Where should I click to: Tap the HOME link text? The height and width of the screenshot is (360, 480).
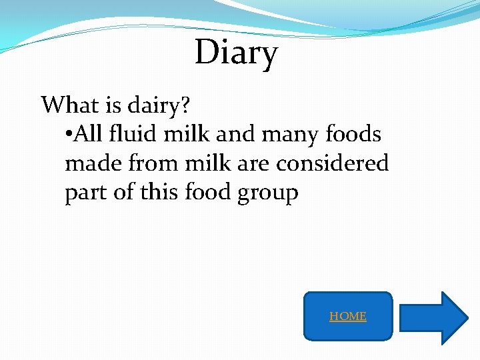coord(347,316)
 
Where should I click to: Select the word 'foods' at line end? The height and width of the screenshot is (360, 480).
coord(353,135)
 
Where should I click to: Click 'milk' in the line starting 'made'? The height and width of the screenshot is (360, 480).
coord(208,163)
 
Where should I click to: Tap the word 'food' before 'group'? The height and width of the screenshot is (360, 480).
coord(207,192)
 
